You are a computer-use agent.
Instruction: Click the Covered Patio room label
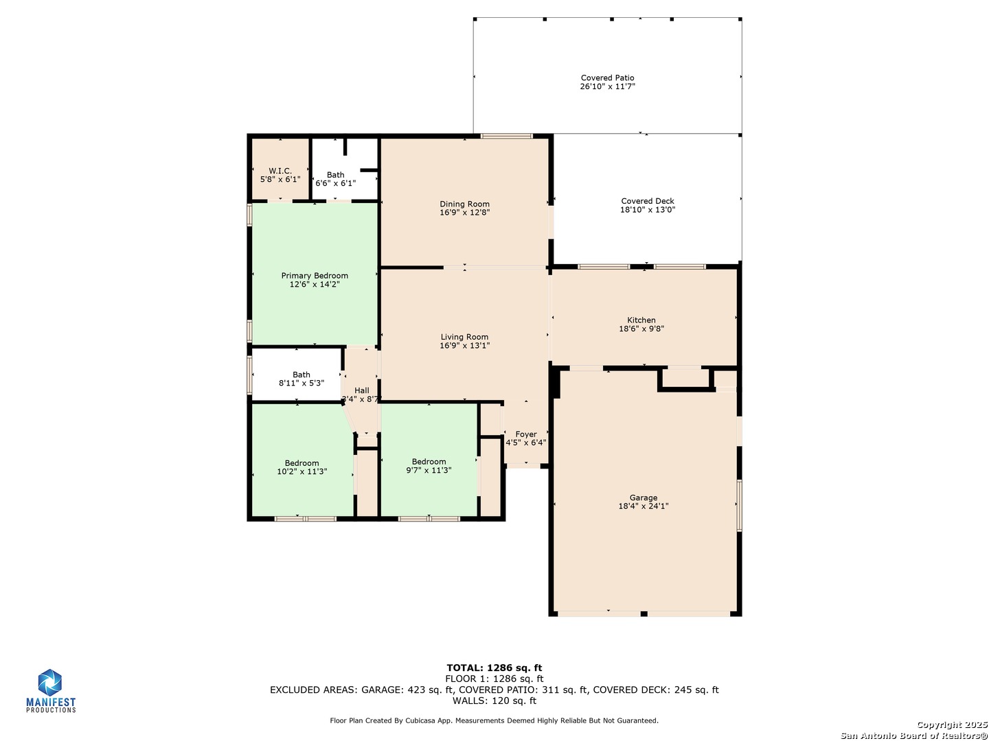click(x=607, y=78)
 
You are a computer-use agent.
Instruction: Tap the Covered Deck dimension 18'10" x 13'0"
click(x=648, y=210)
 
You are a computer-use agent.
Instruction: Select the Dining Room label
click(x=464, y=204)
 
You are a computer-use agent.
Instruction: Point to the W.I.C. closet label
click(x=280, y=171)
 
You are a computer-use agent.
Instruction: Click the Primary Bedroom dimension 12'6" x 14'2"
click(x=315, y=284)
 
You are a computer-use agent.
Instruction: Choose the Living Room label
click(x=464, y=337)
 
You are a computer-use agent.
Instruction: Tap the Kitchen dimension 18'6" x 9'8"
click(x=641, y=329)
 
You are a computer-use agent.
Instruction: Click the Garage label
click(x=644, y=497)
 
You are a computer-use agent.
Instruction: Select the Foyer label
click(x=526, y=434)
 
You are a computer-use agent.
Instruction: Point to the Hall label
click(x=361, y=390)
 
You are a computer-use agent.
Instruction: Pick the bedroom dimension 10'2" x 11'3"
click(x=302, y=471)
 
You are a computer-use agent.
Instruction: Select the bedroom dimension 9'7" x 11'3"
click(x=429, y=470)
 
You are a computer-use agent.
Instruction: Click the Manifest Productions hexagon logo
click(x=49, y=682)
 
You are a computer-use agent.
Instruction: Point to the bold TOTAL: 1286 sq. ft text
click(x=494, y=668)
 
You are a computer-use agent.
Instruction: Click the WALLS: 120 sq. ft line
click(x=494, y=701)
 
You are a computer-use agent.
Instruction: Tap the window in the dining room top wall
click(x=506, y=136)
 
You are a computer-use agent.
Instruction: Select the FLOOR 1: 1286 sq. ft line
click(x=494, y=679)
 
